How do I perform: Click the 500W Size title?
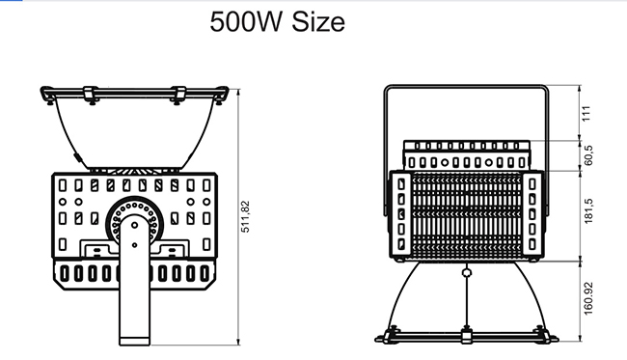tap(277, 21)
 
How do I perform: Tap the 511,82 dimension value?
tap(245, 216)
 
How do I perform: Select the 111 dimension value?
tap(586, 114)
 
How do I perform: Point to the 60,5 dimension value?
tap(588, 155)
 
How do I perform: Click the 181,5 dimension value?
tap(588, 211)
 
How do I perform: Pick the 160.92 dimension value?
tap(588, 299)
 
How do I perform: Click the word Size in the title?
tap(318, 21)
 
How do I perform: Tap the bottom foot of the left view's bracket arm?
tap(135, 342)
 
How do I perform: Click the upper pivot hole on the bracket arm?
tap(135, 225)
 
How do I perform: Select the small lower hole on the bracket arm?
tap(134, 245)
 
